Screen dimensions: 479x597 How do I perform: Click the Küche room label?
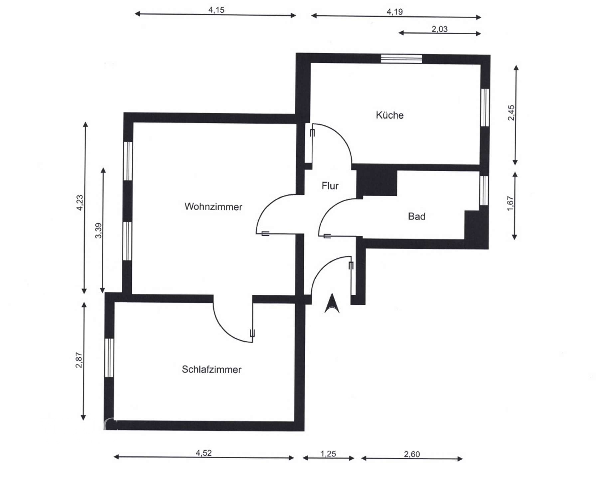pos(389,115)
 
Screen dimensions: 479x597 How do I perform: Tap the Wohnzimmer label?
pos(213,207)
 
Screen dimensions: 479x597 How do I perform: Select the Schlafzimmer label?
pos(212,369)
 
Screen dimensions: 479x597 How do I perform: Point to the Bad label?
pos(416,217)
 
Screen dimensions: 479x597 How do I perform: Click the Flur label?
pos(330,186)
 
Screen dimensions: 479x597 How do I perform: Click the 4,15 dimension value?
pos(216,10)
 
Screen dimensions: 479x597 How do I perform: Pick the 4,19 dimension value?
pos(394,12)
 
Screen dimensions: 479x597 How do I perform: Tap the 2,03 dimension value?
pos(439,29)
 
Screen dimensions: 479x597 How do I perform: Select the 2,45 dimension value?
pos(511,113)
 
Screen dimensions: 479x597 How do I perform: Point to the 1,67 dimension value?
pos(510,203)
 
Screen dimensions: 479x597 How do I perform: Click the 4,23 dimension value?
pos(80,203)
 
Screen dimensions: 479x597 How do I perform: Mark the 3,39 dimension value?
pos(98,231)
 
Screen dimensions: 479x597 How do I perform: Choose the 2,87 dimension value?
pos(79,360)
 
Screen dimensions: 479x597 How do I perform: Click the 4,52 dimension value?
pos(204,453)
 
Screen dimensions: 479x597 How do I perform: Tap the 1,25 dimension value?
pos(328,454)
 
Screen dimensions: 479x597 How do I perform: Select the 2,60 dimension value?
pos(412,454)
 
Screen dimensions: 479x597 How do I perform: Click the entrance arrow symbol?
pos(332,303)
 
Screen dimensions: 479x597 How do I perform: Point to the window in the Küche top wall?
pos(401,59)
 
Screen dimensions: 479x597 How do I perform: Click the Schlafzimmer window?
pos(109,358)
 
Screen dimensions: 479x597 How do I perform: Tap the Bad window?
pos(484,190)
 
